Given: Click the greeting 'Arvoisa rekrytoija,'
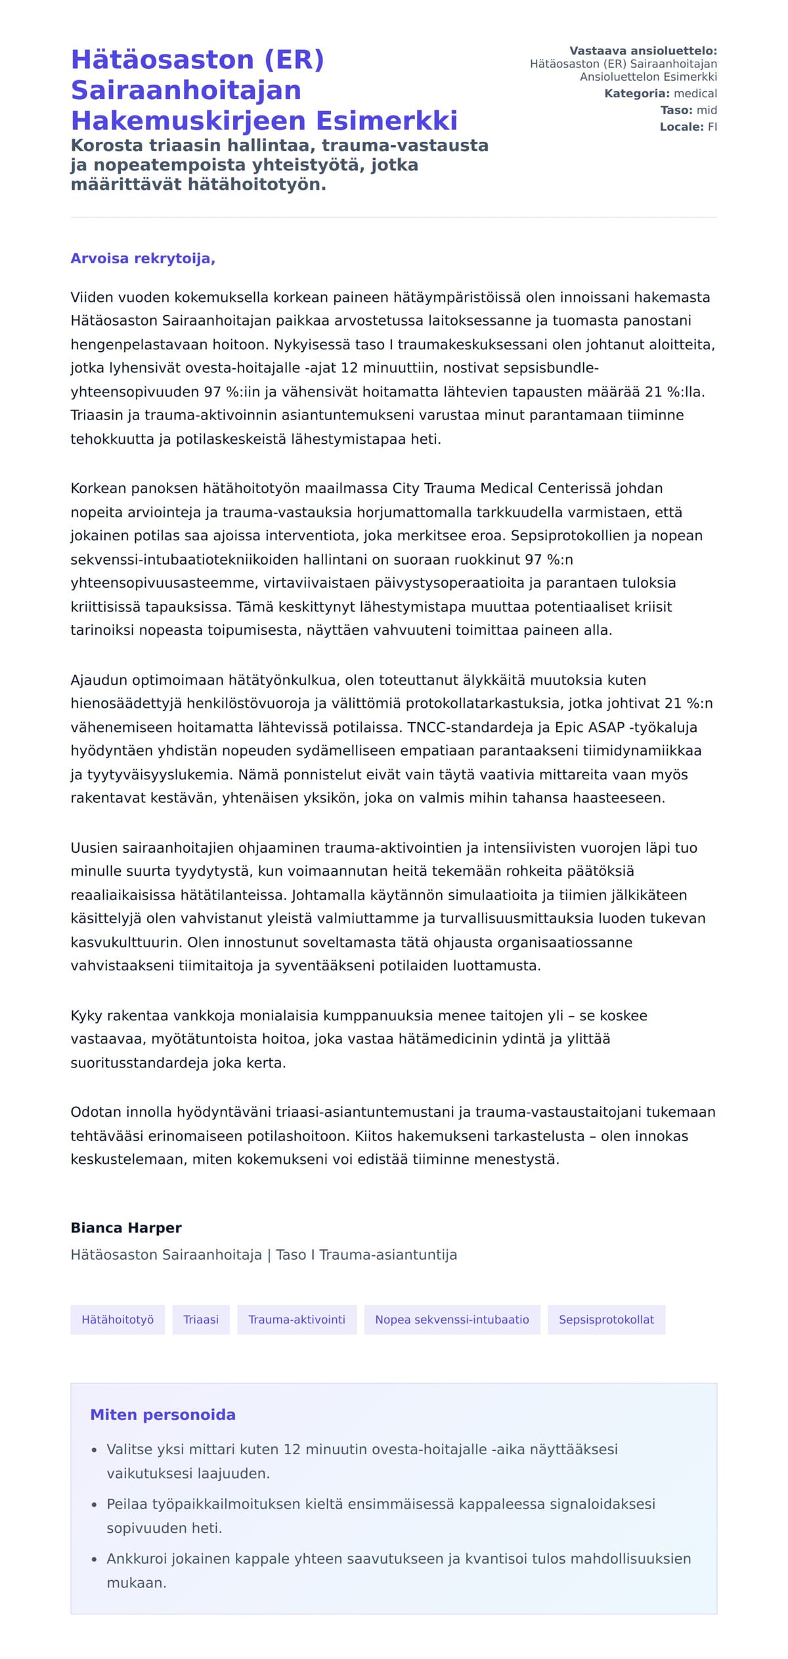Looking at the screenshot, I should (142, 259).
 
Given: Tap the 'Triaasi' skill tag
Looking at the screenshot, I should (201, 1320).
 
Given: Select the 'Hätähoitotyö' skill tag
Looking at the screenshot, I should (118, 1320).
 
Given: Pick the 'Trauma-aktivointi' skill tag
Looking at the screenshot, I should (297, 1320).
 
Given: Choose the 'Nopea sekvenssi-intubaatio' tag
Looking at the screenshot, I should (452, 1320).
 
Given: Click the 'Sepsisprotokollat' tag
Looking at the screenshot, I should (606, 1320).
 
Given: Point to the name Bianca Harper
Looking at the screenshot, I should (126, 1228).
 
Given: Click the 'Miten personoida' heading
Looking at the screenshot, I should (163, 1415).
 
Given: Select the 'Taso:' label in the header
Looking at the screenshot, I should (676, 110).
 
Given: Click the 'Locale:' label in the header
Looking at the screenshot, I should (682, 127).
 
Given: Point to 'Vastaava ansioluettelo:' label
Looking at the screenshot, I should (643, 51).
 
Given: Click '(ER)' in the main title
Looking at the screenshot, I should (294, 60).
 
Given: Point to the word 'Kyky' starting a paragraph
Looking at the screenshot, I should (86, 1016).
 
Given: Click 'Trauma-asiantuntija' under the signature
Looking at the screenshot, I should (388, 1255).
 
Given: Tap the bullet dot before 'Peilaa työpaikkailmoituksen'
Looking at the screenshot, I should (95, 1505).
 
